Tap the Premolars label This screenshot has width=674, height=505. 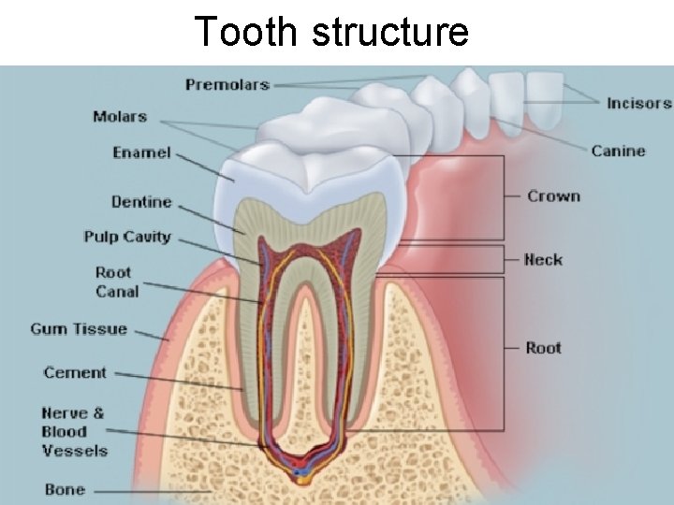point(227,85)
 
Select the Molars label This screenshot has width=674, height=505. point(120,117)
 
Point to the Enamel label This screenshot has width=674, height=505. point(141,151)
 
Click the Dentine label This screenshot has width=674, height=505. point(141,202)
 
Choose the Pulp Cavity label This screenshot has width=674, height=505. point(127,237)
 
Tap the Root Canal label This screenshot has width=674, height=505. point(117,282)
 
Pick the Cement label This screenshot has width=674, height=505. point(76,372)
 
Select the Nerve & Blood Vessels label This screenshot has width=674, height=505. point(75,431)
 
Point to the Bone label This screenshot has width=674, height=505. point(65,489)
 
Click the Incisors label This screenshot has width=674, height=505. point(638,103)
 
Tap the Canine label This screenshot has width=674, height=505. point(618,151)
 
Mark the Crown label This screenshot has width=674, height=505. point(553,196)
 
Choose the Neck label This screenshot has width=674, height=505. point(543,259)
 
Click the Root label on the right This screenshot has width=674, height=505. point(543,348)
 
